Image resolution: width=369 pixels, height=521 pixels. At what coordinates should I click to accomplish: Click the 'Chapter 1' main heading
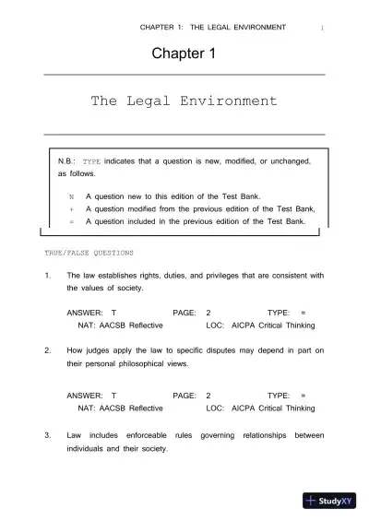point(184,54)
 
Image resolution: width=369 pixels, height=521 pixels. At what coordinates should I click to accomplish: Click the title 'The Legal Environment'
point(184,100)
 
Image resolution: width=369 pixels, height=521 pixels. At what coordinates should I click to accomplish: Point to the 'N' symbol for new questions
point(71,196)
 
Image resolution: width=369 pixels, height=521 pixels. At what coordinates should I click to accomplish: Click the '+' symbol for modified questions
point(71,208)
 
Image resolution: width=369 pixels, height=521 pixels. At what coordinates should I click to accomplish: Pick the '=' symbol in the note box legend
point(71,221)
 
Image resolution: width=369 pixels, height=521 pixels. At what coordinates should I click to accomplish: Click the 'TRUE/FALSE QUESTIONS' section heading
point(89,252)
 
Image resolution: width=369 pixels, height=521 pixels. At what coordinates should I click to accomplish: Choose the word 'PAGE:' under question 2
point(185,394)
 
